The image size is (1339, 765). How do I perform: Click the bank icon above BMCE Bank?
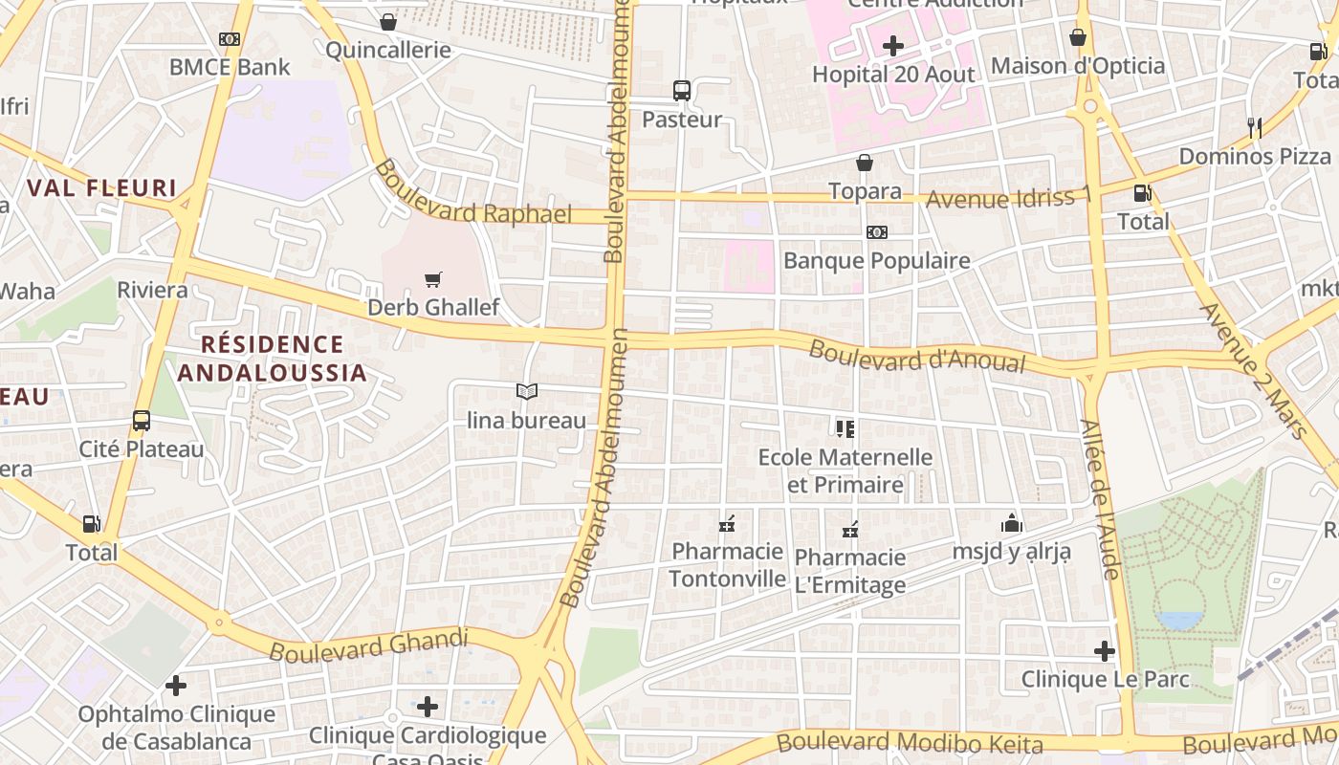(230, 39)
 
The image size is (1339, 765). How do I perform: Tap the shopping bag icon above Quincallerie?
(388, 22)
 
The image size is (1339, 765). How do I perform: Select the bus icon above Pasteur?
(682, 91)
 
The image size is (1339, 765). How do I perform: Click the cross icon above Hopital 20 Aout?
(892, 45)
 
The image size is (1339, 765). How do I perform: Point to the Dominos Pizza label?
(1255, 156)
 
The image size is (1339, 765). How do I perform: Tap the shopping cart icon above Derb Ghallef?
(433, 279)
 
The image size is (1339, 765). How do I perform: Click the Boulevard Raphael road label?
(473, 194)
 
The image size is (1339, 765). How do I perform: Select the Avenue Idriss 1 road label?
(1008, 198)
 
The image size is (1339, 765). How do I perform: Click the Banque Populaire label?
(876, 260)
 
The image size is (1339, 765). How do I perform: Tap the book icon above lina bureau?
(526, 391)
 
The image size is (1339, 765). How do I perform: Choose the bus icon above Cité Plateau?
(142, 420)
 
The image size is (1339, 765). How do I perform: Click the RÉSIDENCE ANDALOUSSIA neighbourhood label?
(273, 358)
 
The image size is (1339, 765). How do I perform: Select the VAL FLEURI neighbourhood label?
(102, 187)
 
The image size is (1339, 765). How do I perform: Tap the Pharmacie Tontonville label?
(727, 564)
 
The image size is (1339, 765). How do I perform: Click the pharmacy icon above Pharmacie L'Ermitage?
(849, 529)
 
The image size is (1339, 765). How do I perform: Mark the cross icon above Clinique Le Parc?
(1105, 651)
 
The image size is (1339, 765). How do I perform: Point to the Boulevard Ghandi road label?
(369, 645)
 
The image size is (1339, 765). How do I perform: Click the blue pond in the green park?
(1179, 620)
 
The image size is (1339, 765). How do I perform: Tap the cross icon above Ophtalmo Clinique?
(175, 686)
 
